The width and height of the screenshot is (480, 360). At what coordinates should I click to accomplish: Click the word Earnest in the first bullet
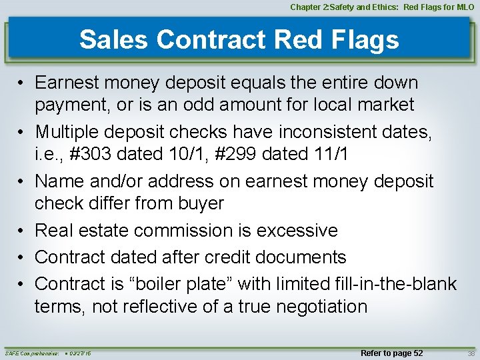pos(67,83)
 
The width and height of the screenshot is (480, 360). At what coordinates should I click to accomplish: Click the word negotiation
pos(311,307)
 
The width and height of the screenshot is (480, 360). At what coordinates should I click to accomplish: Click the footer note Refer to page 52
pos(391,352)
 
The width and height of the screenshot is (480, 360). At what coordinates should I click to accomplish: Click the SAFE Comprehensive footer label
pos(31,353)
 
